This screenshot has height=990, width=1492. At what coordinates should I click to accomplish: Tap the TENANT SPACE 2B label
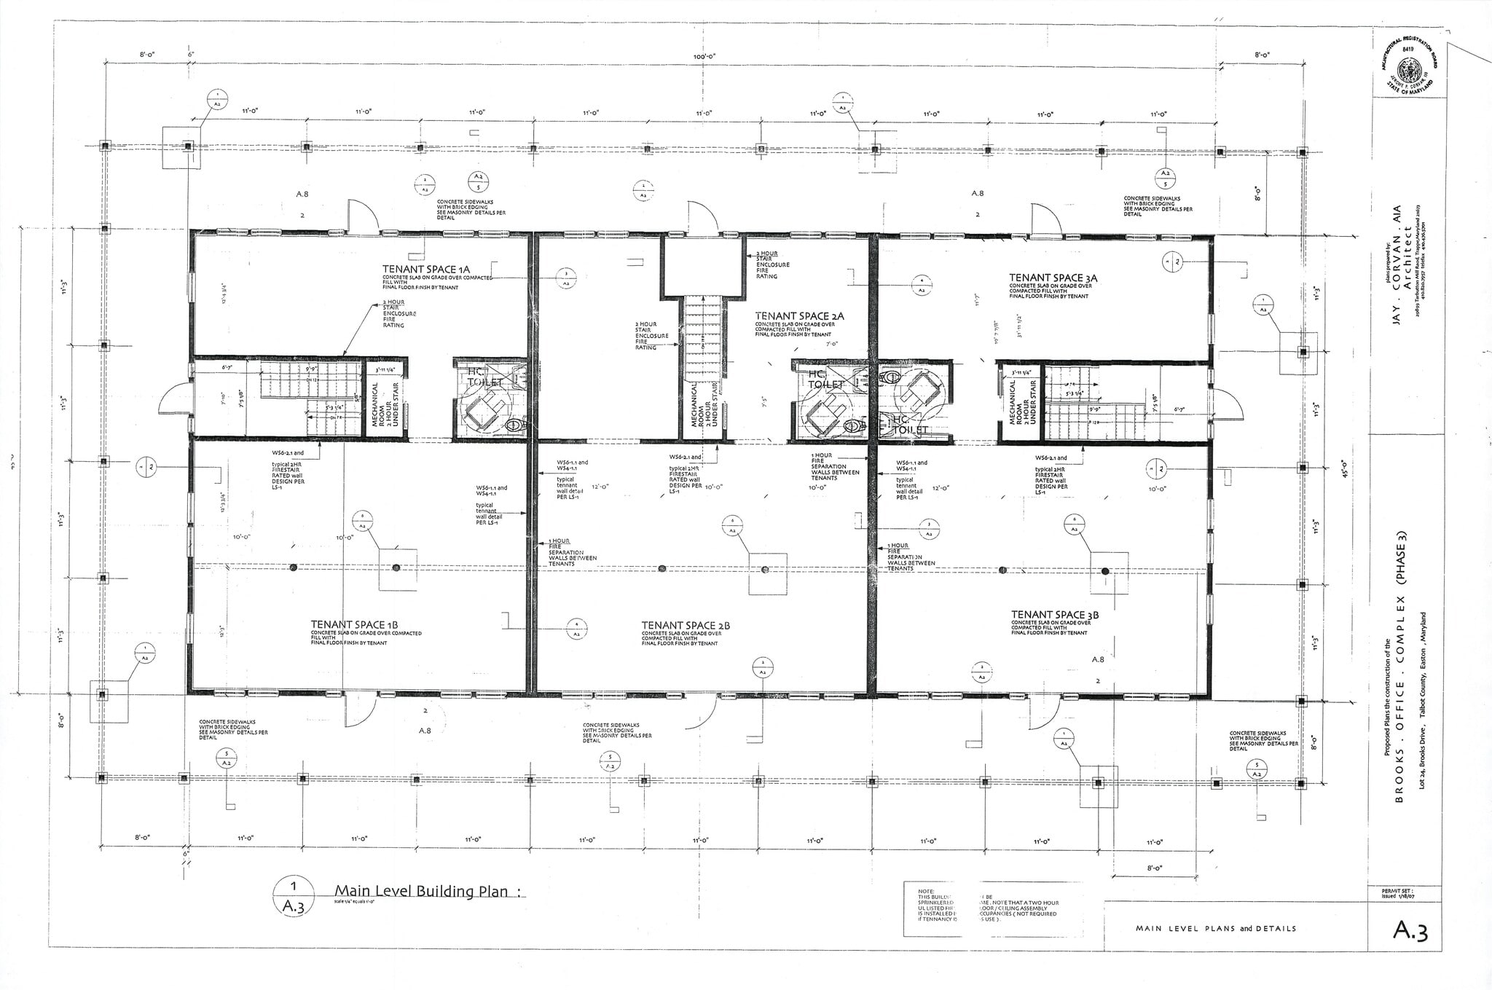coord(686,625)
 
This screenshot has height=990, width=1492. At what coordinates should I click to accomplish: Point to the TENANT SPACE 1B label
coord(354,624)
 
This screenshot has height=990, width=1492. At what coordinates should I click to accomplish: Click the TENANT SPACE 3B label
coord(1054,615)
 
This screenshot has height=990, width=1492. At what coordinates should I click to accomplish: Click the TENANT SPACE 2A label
coord(799,316)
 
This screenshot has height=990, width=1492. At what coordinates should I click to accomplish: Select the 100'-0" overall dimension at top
coord(704,57)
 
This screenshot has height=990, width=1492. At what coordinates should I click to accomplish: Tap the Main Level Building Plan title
coord(420,892)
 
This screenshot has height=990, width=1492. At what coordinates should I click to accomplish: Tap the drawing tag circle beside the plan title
coord(293,896)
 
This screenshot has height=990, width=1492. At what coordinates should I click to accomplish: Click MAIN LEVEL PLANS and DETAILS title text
coord(1215,928)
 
